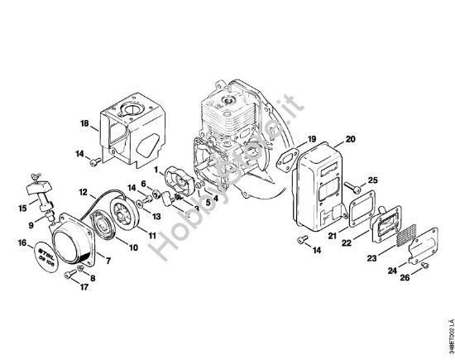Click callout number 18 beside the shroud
coord(84,123)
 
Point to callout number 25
coord(372,180)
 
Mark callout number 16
coord(20,243)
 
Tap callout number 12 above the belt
coord(83,191)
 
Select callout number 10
coord(133,247)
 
